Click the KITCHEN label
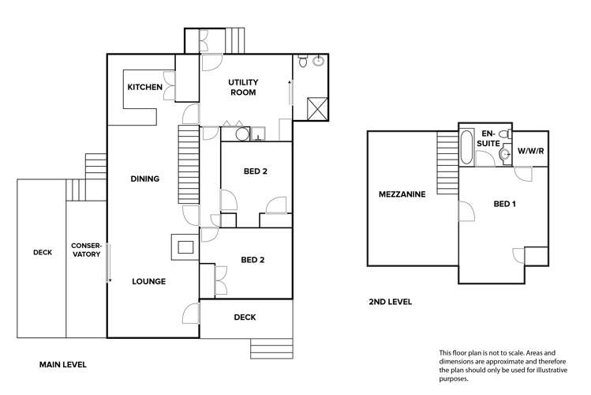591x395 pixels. [144, 87]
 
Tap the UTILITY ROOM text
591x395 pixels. [244, 87]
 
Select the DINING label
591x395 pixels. [144, 179]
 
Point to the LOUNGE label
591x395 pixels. [148, 280]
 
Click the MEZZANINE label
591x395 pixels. [402, 194]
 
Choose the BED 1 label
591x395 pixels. [504, 204]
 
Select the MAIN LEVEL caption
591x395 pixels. [62, 364]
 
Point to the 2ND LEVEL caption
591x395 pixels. [390, 302]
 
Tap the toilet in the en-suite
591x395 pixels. [505, 134]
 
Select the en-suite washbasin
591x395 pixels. [503, 155]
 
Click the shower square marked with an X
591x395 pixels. [316, 108]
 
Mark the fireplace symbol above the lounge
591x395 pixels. [185, 247]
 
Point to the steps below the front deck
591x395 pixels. [271, 348]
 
